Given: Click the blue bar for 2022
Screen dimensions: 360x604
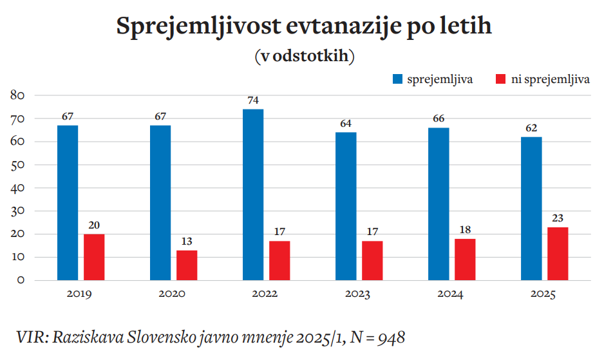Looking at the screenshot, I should click(253, 194).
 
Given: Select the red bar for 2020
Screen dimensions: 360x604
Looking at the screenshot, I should click(187, 265).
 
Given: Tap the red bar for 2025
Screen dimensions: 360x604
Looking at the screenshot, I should click(558, 253).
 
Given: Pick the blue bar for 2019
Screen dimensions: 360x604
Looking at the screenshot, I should click(68, 202).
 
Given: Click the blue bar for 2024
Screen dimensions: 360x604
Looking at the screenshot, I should click(439, 204).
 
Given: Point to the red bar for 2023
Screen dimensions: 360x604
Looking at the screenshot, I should click(372, 260).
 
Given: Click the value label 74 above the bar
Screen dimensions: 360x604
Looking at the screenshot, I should click(253, 100).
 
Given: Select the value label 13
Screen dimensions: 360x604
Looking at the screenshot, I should click(187, 242).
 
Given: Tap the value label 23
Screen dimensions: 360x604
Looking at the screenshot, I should click(558, 218).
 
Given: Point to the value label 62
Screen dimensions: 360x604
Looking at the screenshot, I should click(531, 128).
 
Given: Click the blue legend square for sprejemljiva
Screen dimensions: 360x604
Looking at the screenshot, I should click(397, 79).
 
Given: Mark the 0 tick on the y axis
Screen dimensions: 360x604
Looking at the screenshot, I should click(21, 280).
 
